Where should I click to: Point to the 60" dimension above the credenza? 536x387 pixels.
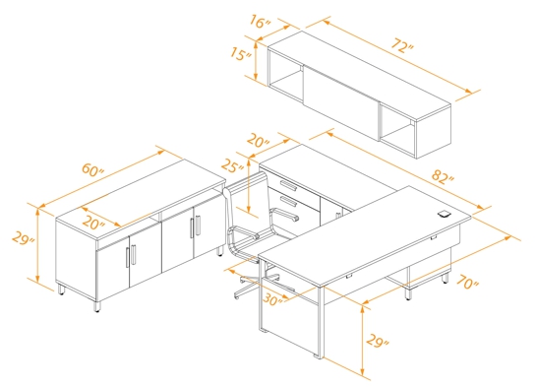pyautogui.click(x=94, y=170)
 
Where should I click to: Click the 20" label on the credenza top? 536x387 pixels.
pyautogui.click(x=93, y=223)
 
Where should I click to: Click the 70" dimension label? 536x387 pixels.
pyautogui.click(x=468, y=282)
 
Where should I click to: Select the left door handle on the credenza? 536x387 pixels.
pyautogui.click(x=129, y=259)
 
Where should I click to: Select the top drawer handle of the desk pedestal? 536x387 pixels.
pyautogui.click(x=288, y=183)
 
